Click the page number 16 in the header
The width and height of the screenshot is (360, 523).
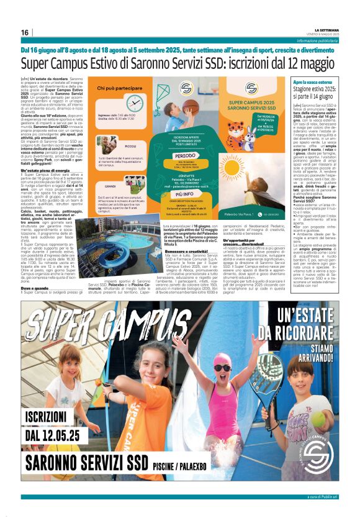pyautogui.click(x=25, y=32)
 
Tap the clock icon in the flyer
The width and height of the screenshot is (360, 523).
pyautogui.click(x=133, y=103)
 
